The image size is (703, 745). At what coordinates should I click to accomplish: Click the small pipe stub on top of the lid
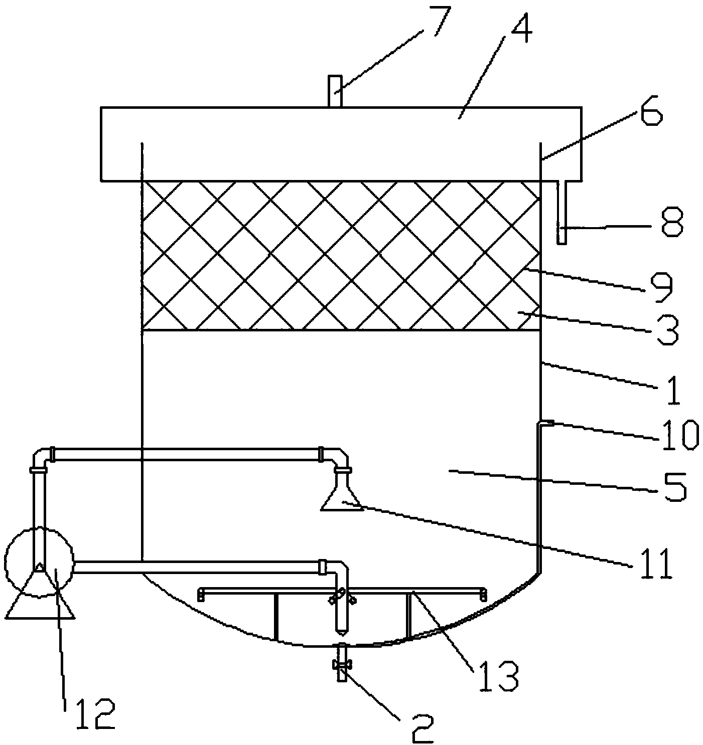coord(335,90)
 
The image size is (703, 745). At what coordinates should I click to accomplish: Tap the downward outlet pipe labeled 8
coord(561,213)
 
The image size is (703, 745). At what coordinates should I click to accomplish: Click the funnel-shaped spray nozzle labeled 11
coord(341,496)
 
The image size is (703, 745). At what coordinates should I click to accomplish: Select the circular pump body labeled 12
coord(39,562)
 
